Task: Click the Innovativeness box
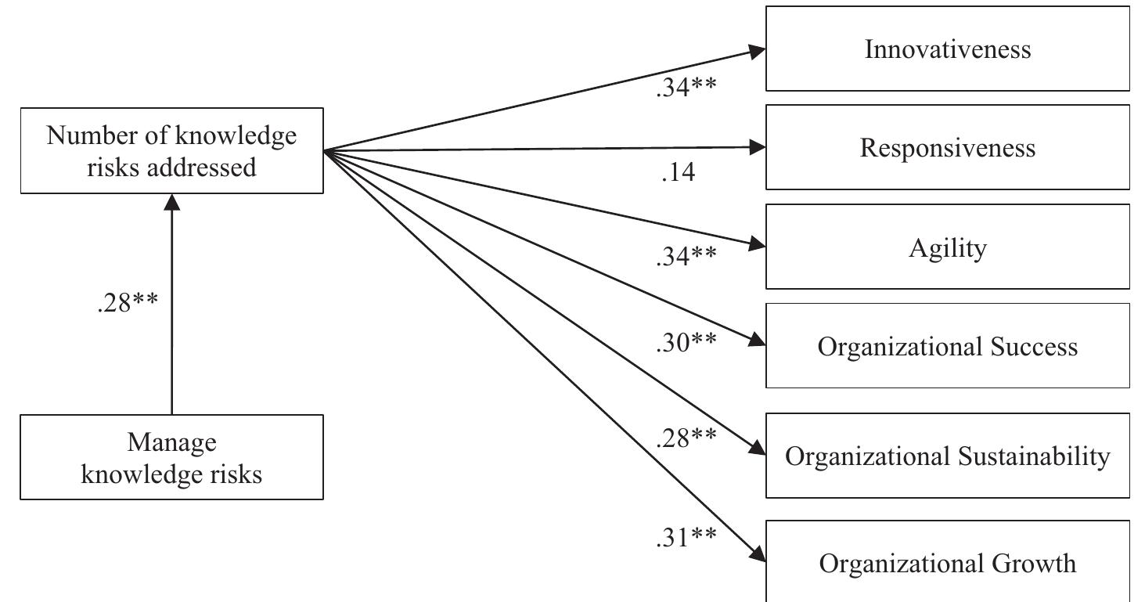(x=947, y=49)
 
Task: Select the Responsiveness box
(x=947, y=147)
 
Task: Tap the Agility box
(x=947, y=247)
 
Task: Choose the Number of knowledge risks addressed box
(x=171, y=150)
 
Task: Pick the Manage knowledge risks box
(x=171, y=457)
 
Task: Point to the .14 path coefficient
(x=678, y=173)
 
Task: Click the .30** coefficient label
(x=686, y=342)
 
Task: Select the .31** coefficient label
(x=686, y=537)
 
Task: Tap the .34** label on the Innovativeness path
(x=686, y=88)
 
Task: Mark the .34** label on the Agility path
(x=686, y=255)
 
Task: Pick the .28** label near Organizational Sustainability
(x=686, y=438)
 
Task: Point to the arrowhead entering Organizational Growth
(x=757, y=553)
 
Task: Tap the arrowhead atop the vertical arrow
(x=171, y=202)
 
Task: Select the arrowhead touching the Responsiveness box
(x=757, y=146)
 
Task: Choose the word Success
(x=1032, y=346)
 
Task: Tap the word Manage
(x=171, y=443)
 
